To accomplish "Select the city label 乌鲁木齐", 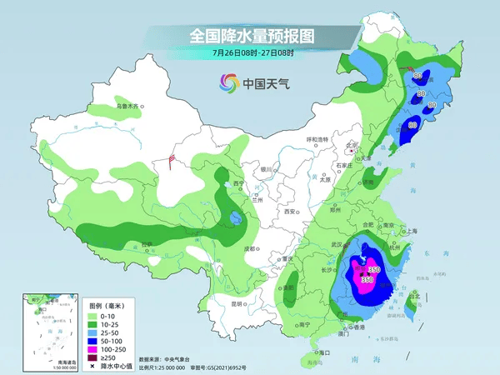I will click(129, 106).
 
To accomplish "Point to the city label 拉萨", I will click(147, 243).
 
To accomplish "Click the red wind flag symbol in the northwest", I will click(172, 157).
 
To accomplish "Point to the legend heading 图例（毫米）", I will click(107, 303).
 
